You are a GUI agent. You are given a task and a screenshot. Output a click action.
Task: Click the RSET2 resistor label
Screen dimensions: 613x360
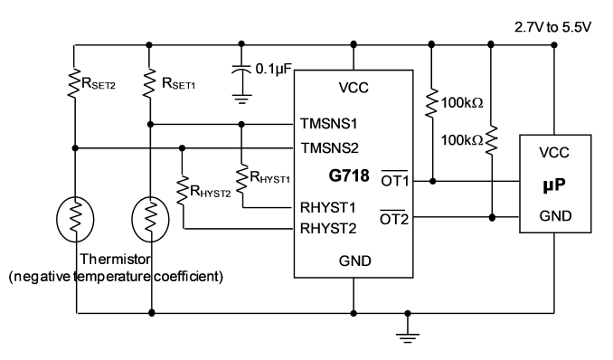[x=99, y=84]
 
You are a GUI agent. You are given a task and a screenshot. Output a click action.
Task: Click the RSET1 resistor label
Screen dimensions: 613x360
[x=178, y=84]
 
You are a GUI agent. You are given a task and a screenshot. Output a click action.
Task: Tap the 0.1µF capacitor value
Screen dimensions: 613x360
[x=274, y=69]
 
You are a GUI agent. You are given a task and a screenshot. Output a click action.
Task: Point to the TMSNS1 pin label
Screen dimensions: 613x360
[x=329, y=124]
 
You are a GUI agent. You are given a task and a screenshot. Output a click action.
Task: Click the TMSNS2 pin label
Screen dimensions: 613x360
[x=330, y=148]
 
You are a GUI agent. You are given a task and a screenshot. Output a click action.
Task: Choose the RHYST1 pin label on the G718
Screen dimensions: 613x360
[x=327, y=208]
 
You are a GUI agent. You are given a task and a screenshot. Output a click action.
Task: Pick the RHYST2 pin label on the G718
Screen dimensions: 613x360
[x=328, y=228]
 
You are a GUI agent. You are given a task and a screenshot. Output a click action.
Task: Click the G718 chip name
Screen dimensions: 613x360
[x=349, y=175]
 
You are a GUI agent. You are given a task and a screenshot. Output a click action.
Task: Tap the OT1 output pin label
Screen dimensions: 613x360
[x=394, y=180]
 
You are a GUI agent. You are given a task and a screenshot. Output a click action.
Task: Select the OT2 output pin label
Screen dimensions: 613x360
[x=394, y=219]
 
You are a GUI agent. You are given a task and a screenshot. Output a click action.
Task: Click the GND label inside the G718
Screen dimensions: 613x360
[x=355, y=261]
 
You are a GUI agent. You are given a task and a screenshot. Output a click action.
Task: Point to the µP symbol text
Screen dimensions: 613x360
[x=554, y=185]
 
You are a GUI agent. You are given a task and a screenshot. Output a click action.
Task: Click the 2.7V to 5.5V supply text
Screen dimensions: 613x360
[x=552, y=27]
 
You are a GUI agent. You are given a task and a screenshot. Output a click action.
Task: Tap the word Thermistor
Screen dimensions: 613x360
[x=115, y=259]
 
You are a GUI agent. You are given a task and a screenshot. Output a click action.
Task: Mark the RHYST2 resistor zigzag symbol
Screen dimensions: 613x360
[x=182, y=190]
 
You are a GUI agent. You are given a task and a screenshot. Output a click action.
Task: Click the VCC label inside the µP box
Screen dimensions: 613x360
[x=554, y=153]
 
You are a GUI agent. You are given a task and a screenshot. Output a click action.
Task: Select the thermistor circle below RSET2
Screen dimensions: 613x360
[x=75, y=219]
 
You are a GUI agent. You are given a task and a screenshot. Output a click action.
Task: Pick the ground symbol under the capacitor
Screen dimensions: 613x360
[x=242, y=99]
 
